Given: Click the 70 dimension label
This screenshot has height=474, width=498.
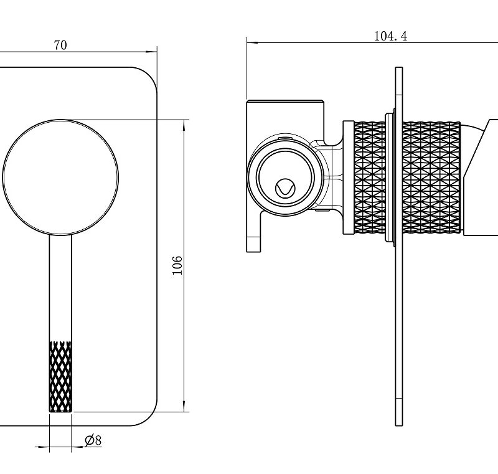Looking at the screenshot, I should [x=60, y=45].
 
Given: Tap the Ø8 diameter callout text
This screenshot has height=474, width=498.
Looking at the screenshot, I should [x=93, y=440].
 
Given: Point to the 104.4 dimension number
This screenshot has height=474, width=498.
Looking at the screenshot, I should [x=390, y=36].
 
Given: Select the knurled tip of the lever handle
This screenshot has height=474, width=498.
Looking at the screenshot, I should [x=60, y=376].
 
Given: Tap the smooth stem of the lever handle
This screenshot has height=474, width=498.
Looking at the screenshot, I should [x=60, y=290].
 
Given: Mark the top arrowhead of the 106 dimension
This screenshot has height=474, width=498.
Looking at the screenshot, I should [x=185, y=123].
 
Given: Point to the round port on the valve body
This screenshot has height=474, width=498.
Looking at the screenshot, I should [x=286, y=178].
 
